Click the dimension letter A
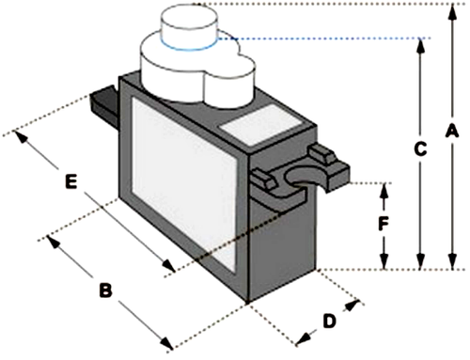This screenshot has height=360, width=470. pyautogui.click(x=450, y=133)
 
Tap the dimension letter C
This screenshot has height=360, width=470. pyautogui.click(x=421, y=149)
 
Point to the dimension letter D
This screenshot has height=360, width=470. pyautogui.click(x=328, y=321)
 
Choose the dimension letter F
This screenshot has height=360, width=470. pyautogui.click(x=383, y=225)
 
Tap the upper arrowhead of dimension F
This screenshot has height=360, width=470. pyautogui.click(x=384, y=188)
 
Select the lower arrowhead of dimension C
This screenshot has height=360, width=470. pyautogui.click(x=421, y=263)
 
